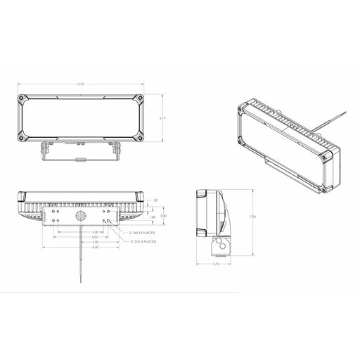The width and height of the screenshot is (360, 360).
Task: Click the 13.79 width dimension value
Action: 82,84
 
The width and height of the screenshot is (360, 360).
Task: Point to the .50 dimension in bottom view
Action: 155,200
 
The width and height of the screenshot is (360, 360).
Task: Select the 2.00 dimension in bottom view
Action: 163,216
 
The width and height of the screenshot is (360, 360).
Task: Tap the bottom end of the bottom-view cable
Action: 80,283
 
